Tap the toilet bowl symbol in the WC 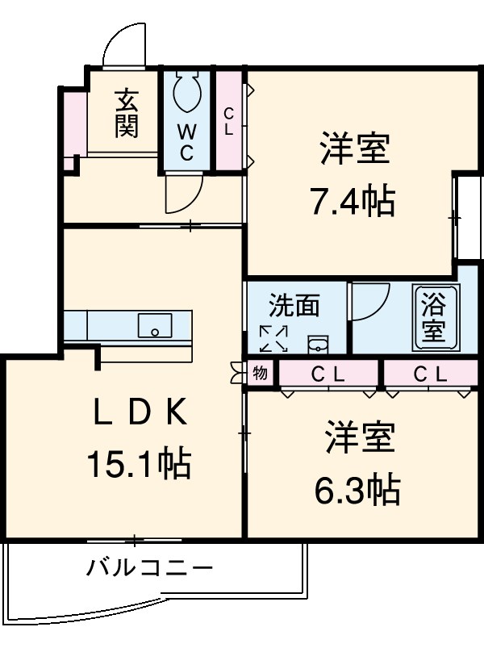pyautogui.click(x=187, y=94)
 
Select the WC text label pyautogui.click(x=186, y=142)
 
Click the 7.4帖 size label pyautogui.click(x=353, y=200)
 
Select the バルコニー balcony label pyautogui.click(x=150, y=569)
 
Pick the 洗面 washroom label pyautogui.click(x=294, y=306)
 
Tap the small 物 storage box pyautogui.click(x=260, y=373)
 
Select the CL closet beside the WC pyautogui.click(x=229, y=121)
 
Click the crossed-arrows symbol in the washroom pyautogui.click(x=273, y=338)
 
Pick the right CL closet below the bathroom pyautogui.click(x=429, y=374)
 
